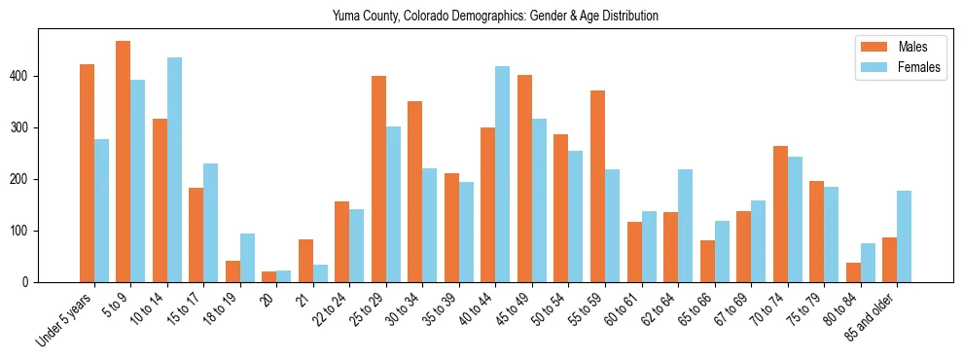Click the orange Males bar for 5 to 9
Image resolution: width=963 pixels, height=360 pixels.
pyautogui.click(x=124, y=162)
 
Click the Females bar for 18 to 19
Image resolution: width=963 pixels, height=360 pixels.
pyautogui.click(x=247, y=258)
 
